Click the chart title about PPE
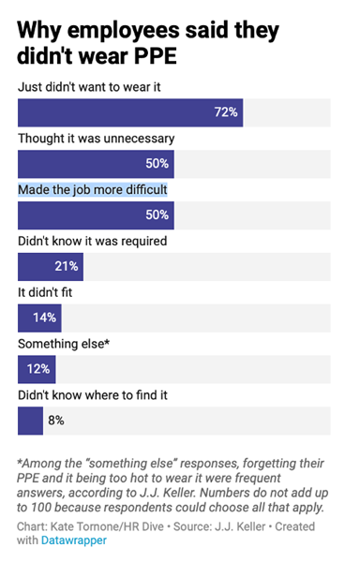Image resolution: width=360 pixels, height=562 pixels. click(148, 43)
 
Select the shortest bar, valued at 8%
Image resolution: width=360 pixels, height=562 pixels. click(30, 421)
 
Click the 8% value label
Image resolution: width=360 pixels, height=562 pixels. click(55, 421)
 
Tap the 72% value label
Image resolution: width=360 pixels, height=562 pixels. click(227, 112)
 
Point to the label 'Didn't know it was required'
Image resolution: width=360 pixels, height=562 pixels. click(93, 241)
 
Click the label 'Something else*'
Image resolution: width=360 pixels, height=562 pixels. click(64, 344)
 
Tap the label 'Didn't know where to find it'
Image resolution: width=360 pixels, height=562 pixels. click(93, 395)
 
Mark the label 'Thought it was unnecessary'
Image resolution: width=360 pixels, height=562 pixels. click(96, 139)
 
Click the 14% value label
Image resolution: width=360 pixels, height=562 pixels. click(43, 318)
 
